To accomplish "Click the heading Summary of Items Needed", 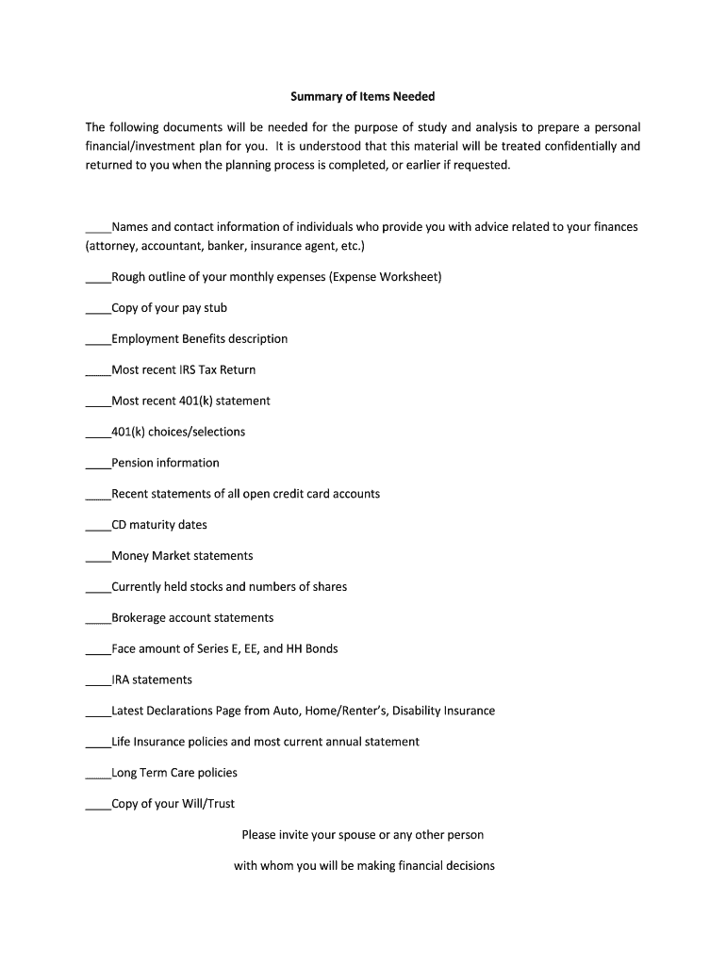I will (362, 96).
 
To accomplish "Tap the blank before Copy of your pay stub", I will (98, 309).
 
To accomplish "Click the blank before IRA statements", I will (98, 681).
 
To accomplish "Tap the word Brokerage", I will (138, 618).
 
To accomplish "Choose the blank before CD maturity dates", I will (98, 527).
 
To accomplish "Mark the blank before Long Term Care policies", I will (98, 775).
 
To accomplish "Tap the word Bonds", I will (322, 648).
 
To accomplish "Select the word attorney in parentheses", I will (113, 246).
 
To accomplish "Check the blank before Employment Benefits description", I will (98, 340).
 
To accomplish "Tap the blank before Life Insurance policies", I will (98, 744).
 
